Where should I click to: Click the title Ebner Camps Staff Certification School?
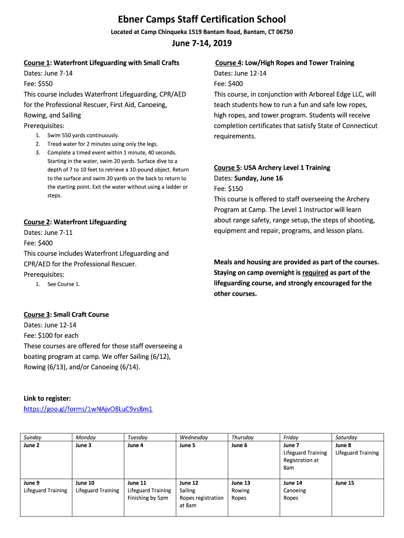coord(202,19)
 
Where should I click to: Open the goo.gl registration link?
coord(88,409)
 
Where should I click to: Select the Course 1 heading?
coord(101,63)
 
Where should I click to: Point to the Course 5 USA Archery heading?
coord(272,168)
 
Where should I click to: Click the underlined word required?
coord(315,273)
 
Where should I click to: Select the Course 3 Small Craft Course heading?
coord(66,315)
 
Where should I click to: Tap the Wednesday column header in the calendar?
coord(194,437)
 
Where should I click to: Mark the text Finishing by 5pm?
coord(148,498)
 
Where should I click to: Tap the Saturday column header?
coord(346,437)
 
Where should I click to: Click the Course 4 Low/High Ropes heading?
coord(284,63)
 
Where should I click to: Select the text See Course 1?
coord(63,284)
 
